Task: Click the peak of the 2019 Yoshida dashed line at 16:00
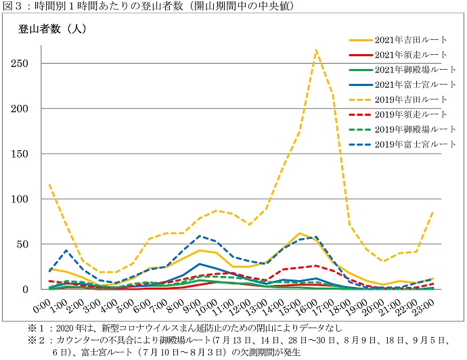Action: (316, 49)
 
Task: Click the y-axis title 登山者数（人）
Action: (53, 29)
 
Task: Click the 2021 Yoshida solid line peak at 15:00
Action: (299, 233)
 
